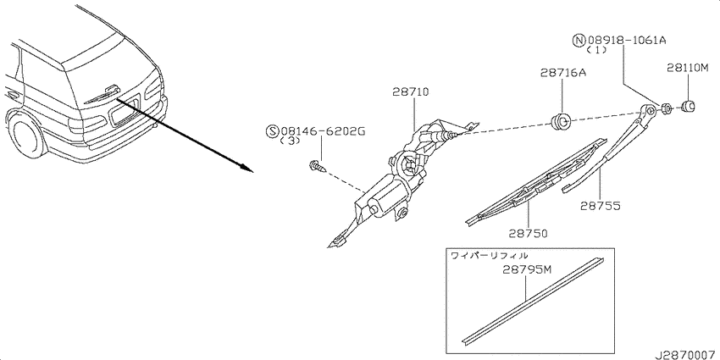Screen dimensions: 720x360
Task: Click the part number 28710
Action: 411,92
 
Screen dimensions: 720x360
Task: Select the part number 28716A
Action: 563,73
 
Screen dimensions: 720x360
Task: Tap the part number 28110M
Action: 688,68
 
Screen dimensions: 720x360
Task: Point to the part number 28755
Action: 601,206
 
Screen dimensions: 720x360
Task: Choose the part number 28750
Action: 528,233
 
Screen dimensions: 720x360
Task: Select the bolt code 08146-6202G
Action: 323,132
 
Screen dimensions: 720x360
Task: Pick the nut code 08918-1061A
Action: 626,41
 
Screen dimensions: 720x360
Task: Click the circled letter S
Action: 272,132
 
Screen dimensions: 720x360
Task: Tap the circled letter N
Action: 578,41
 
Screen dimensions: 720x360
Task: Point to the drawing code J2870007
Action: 686,355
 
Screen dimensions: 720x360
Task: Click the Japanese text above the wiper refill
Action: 489,255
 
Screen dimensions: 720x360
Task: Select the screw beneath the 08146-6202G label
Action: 318,166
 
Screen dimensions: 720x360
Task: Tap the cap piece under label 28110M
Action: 688,107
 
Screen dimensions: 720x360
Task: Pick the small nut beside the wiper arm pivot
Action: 667,108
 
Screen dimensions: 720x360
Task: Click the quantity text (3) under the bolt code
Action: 290,141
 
